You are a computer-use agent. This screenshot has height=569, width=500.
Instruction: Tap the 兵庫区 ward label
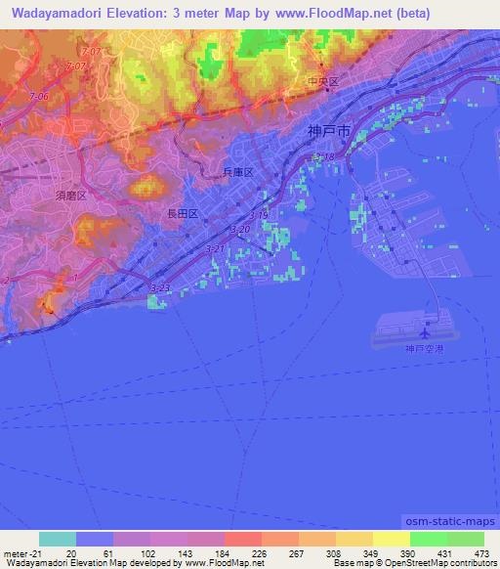(x=238, y=172)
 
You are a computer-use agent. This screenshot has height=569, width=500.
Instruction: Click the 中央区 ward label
(x=321, y=83)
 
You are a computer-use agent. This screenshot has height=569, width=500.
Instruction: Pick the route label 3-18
(x=323, y=156)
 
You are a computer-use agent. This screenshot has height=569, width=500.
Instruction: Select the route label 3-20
(x=239, y=229)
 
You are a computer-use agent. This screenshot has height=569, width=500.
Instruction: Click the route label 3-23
(x=159, y=287)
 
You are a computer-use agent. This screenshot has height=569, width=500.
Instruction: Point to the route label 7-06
(x=39, y=96)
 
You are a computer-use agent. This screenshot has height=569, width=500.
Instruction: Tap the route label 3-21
(x=215, y=249)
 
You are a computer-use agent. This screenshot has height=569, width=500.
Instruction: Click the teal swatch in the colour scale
(x=58, y=539)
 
